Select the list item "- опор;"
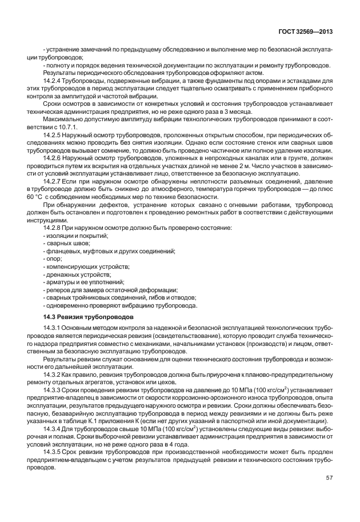(x=53, y=259)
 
